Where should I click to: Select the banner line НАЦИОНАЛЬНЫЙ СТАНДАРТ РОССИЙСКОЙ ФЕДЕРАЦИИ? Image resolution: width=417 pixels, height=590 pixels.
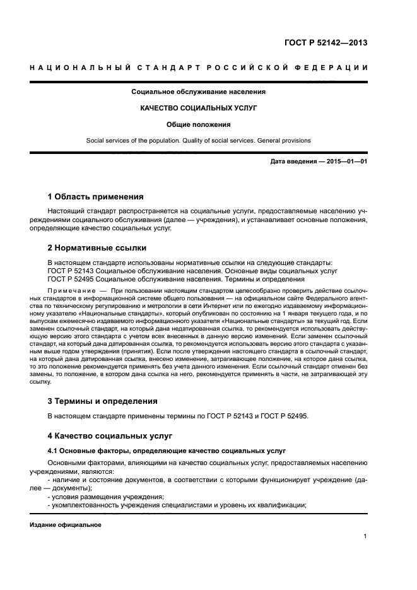click(198, 68)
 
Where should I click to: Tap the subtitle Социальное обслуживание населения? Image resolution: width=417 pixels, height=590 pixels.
click(198, 92)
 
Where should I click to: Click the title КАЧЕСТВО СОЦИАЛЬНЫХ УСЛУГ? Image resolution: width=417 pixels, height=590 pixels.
click(198, 108)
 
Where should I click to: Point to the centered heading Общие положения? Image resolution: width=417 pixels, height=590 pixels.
click(198, 124)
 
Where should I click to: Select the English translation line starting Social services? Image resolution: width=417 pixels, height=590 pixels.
click(198, 140)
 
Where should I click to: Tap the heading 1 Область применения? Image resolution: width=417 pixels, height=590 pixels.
click(95, 197)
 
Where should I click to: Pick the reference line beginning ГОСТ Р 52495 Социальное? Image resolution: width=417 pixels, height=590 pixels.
click(176, 279)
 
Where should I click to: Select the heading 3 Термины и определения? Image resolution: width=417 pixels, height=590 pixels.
click(103, 401)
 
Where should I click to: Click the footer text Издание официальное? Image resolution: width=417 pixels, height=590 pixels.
click(66, 525)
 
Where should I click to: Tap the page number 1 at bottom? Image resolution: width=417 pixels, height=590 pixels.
click(365, 536)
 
